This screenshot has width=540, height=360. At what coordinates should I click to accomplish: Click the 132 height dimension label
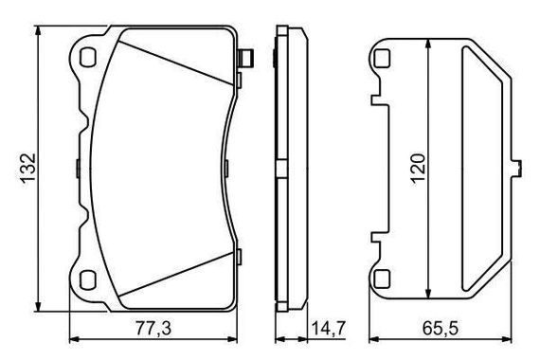click(x=27, y=168)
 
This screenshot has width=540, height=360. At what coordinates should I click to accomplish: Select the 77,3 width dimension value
click(x=153, y=329)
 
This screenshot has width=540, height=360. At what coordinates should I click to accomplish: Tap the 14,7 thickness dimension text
click(x=328, y=329)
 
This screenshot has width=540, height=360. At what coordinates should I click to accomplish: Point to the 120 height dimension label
click(x=418, y=168)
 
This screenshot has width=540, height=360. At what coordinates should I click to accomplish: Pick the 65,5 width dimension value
click(x=441, y=329)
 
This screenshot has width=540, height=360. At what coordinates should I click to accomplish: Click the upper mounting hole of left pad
click(x=87, y=57)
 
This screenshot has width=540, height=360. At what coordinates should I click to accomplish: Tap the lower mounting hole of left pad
click(x=87, y=279)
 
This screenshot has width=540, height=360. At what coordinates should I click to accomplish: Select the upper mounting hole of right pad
click(x=382, y=58)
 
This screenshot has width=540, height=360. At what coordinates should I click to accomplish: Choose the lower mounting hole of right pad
click(x=382, y=279)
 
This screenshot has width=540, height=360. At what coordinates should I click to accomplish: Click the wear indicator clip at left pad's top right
click(x=246, y=58)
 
